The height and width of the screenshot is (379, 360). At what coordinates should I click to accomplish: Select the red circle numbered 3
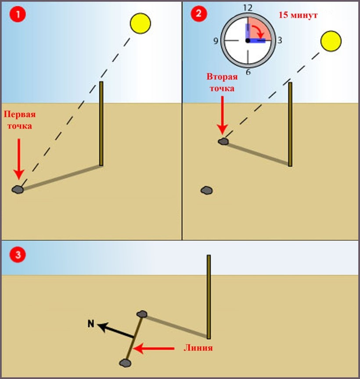(18, 254)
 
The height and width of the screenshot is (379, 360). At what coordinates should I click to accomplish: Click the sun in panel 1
(140, 23)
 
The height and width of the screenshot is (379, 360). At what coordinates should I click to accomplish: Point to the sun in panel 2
(331, 41)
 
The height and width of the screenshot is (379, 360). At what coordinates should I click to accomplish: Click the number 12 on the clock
(248, 7)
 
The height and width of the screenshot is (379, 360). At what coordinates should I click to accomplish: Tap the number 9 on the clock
(216, 41)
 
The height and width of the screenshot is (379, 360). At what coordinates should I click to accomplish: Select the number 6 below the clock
(248, 72)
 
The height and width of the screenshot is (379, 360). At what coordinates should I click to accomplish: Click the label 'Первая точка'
(19, 120)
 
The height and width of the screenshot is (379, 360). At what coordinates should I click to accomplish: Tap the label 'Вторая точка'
(222, 83)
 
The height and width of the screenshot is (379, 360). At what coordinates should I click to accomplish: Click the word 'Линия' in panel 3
(198, 348)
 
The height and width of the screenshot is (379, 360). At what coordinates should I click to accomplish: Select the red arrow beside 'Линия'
(154, 349)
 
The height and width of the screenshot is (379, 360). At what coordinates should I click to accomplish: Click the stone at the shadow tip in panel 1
(18, 189)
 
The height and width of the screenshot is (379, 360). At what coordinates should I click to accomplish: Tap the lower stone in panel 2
(206, 190)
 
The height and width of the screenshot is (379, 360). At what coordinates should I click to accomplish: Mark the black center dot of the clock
(248, 41)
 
